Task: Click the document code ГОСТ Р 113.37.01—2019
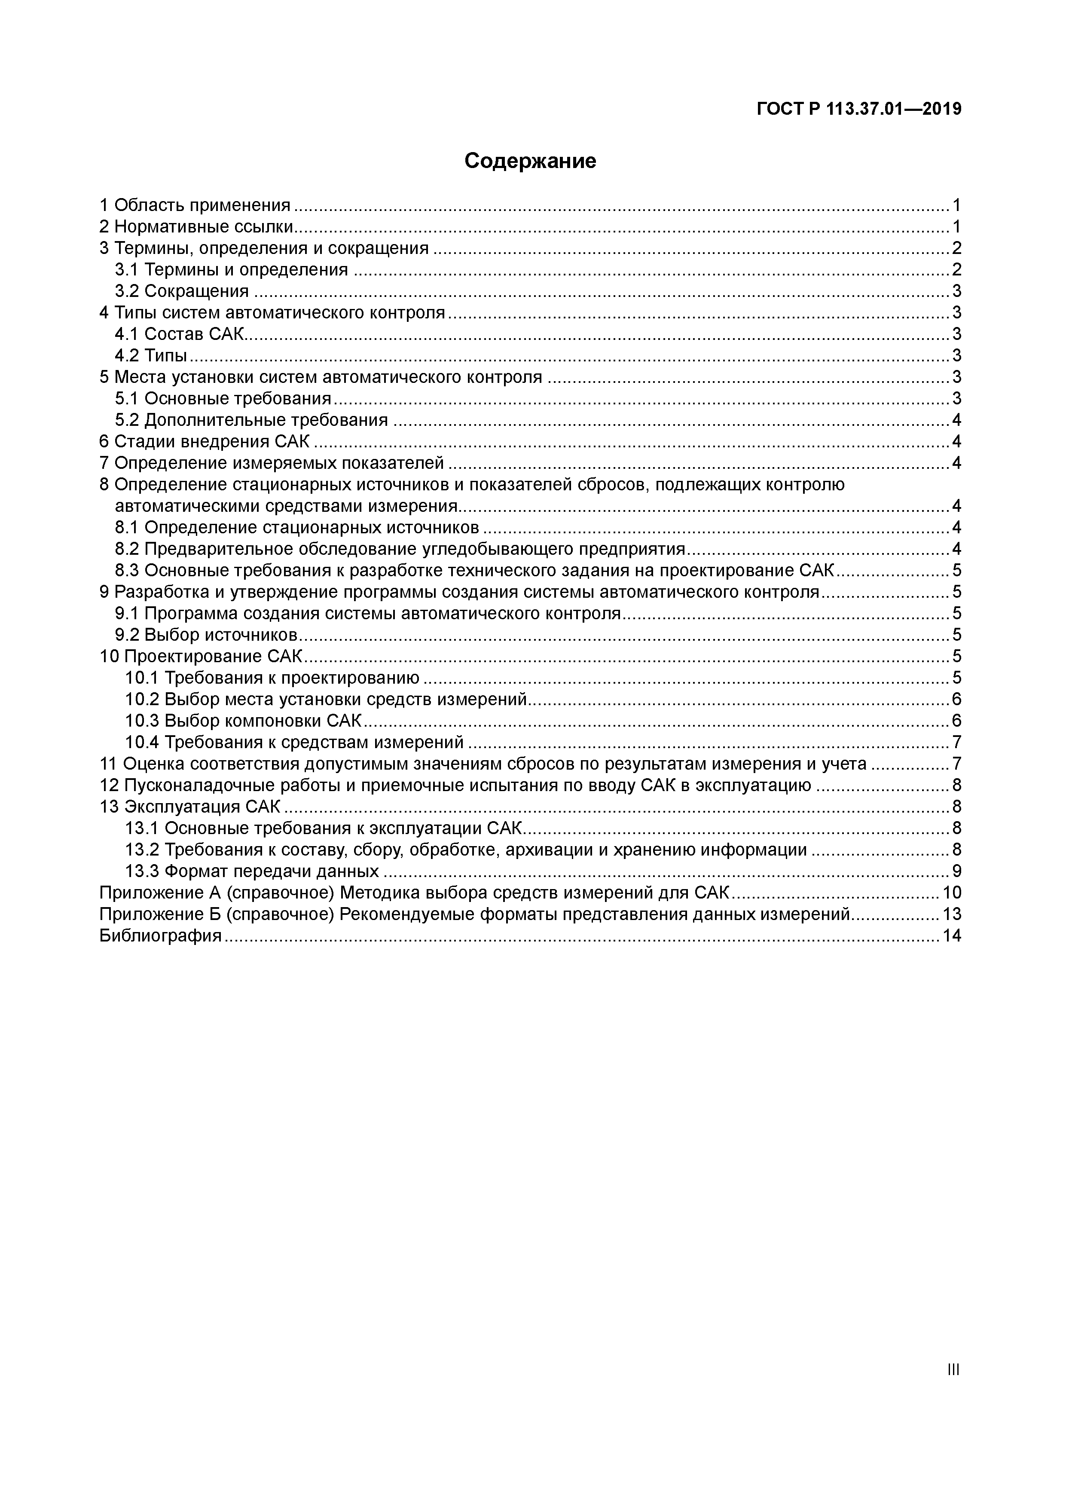click(858, 109)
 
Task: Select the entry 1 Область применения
click(195, 205)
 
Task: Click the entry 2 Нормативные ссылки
click(195, 227)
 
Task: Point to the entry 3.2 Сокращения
click(182, 291)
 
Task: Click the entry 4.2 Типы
click(151, 356)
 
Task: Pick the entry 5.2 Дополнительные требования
click(251, 420)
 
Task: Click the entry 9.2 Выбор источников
click(207, 635)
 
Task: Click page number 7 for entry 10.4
click(956, 743)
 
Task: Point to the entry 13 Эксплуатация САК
click(190, 807)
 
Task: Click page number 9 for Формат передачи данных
click(956, 871)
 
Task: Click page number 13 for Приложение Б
click(952, 914)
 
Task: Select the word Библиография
click(161, 936)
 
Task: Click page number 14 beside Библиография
click(952, 936)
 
